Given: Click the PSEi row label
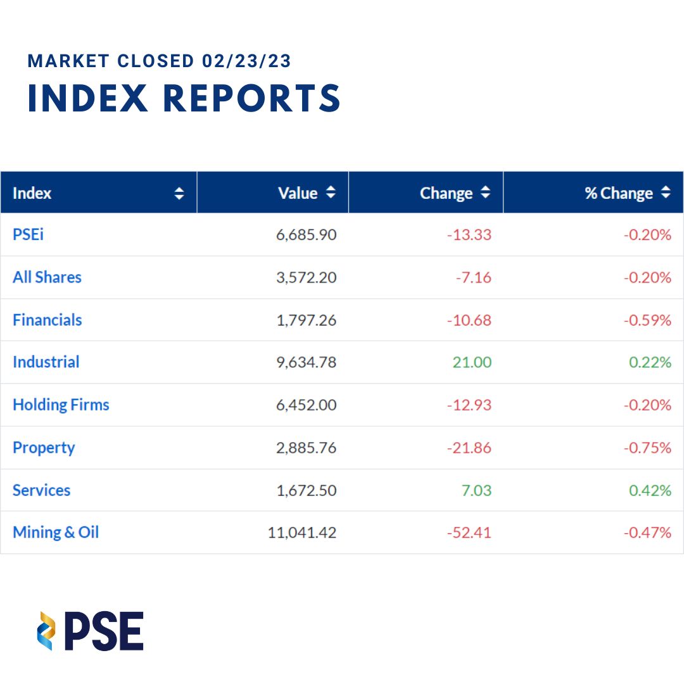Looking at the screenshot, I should [28, 235].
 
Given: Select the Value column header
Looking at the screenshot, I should [298, 193].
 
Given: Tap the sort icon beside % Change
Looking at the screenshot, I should [665, 193].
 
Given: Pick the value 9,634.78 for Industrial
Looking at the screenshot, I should [307, 362].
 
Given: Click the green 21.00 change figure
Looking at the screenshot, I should [472, 362].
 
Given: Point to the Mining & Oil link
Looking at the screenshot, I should [56, 533].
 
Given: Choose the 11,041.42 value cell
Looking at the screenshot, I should [302, 533].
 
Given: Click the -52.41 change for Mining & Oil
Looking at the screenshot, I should [469, 533].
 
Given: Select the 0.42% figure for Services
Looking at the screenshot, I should [650, 490].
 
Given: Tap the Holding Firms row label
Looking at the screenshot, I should [61, 405].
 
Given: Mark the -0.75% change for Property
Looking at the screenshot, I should [647, 448].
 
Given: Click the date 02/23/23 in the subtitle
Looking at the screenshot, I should [247, 61].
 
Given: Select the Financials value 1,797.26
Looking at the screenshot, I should [307, 320].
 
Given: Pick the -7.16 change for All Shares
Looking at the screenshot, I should [473, 277].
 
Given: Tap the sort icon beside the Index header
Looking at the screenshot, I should [179, 193].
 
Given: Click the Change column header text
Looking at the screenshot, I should [446, 193].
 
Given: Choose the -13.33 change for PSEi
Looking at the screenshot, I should [469, 235].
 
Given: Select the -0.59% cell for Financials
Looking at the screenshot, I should [647, 320].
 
